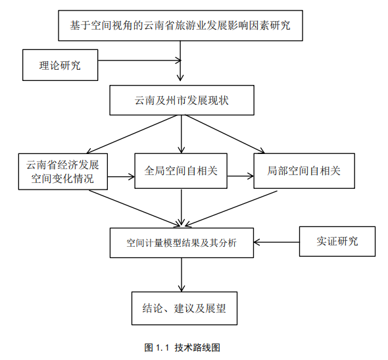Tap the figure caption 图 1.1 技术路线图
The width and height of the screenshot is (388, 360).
tap(182, 347)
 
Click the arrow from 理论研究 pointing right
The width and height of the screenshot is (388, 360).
tap(139, 60)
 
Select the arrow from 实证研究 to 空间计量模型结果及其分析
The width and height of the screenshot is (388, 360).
tap(276, 242)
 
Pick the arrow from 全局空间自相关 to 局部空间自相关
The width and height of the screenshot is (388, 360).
tap(240, 176)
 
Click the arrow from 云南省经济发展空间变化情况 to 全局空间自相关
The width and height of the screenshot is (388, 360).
tap(121, 177)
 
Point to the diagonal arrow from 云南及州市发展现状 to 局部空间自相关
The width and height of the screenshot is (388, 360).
tap(225, 134)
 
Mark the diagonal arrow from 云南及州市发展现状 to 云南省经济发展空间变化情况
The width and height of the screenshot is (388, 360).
tap(132, 134)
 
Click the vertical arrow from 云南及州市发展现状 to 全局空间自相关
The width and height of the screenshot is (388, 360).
tap(182, 134)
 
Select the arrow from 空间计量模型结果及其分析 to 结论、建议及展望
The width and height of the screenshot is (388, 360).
tap(182, 275)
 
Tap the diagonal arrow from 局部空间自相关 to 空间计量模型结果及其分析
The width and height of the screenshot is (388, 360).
tap(231, 209)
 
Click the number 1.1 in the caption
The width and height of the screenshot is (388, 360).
tap(162, 348)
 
